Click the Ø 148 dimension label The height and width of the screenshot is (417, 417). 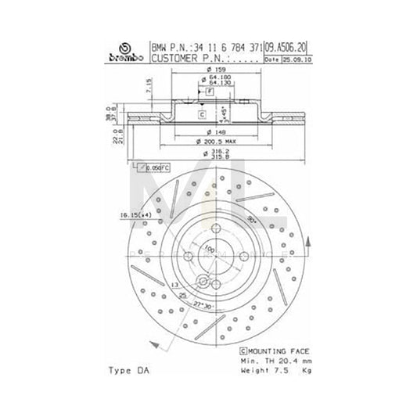pyautogui.click(x=208, y=131)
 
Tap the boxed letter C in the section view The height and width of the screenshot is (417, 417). pyautogui.click(x=201, y=115)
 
